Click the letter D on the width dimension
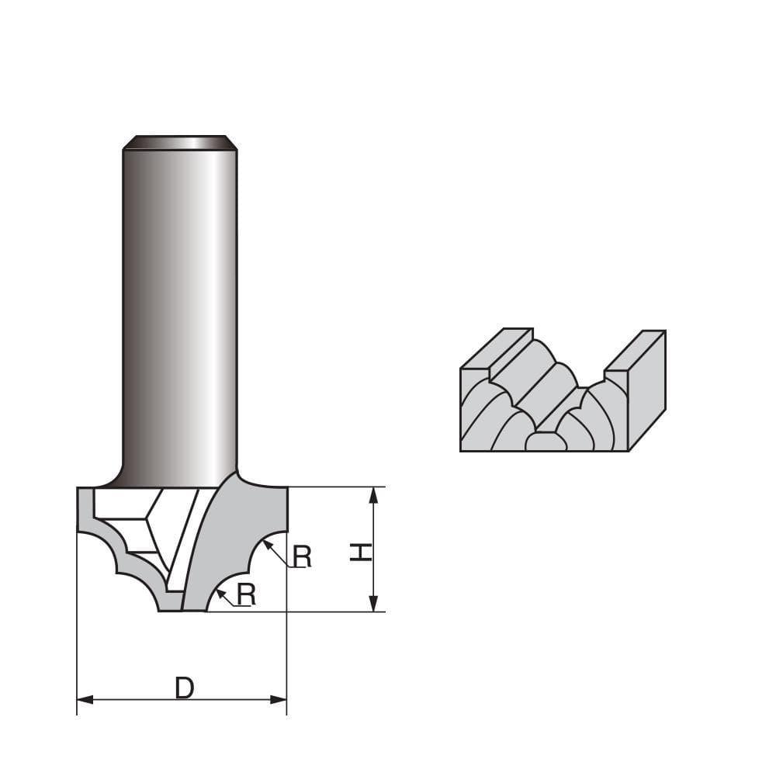pyautogui.click(x=184, y=688)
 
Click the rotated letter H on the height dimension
pyautogui.click(x=359, y=552)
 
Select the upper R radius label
pyautogui.click(x=302, y=556)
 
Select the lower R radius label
pyautogui.click(x=246, y=594)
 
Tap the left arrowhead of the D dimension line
pyautogui.click(x=84, y=700)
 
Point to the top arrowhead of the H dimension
pyautogui.click(x=374, y=494)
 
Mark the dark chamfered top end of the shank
pyautogui.click(x=180, y=143)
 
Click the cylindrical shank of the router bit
pyautogui.click(x=180, y=310)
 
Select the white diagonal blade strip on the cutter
pyautogui.click(x=186, y=543)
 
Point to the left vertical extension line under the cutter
pyautogui.click(x=77, y=621)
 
